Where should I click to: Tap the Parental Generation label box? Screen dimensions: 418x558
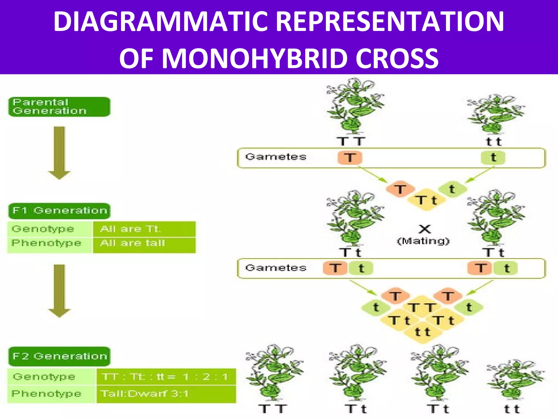point(59,107)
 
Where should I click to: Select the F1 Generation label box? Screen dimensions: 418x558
point(59,211)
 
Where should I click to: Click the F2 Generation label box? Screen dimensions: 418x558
point(59,356)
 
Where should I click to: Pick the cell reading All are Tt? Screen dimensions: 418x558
point(144,229)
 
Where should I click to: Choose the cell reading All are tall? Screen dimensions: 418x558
point(144,243)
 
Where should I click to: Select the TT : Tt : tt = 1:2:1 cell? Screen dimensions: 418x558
point(166,377)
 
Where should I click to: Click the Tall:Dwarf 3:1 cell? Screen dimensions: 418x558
point(166,394)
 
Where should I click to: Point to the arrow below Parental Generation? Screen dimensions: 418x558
point(59,152)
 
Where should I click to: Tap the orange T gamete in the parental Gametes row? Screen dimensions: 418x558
point(350,158)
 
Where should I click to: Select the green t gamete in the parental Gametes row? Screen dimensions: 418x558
point(493,158)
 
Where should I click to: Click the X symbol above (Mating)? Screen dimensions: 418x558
point(424,229)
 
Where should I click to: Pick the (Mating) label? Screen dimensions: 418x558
point(423,241)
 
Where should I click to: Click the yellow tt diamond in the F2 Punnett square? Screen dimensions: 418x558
point(422,332)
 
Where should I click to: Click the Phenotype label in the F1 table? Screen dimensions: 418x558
point(47,243)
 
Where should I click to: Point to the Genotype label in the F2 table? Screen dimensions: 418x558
point(44,377)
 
